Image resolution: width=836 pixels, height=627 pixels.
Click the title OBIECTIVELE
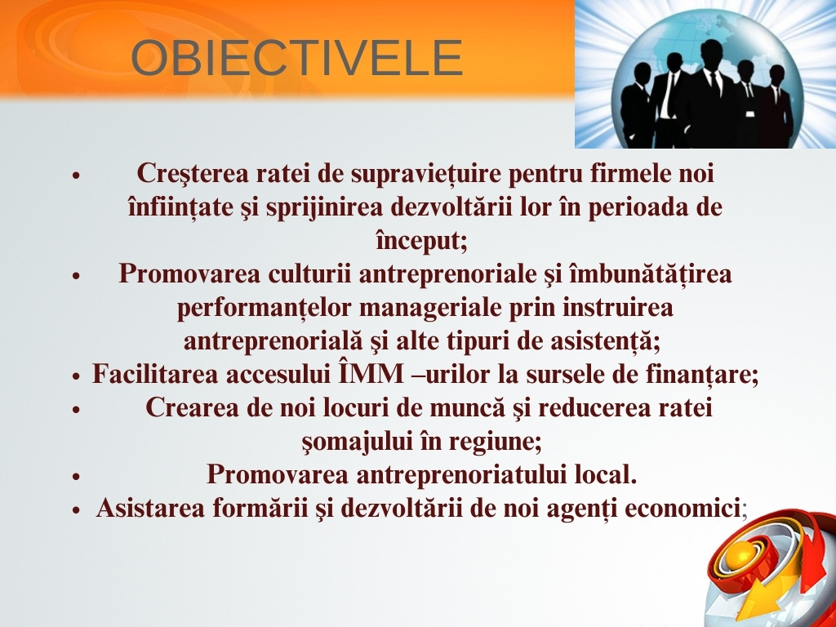point(296,58)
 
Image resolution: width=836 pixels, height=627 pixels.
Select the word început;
point(422,241)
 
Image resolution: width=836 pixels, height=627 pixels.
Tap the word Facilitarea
point(155,374)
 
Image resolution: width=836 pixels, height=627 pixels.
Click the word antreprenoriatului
point(461,474)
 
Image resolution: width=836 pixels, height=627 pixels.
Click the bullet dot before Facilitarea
point(76,376)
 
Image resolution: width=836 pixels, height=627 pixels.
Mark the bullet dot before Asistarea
point(76,509)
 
